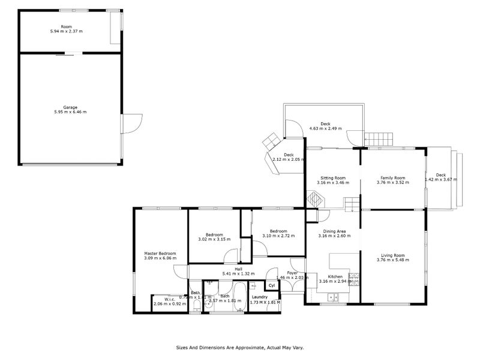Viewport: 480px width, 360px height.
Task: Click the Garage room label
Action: (71, 107)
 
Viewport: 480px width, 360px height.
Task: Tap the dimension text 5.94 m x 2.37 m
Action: (71, 31)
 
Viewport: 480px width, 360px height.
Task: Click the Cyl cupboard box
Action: (272, 286)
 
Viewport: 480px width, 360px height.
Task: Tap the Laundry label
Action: (259, 297)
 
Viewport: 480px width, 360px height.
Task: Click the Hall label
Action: (238, 269)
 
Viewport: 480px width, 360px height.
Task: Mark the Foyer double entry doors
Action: (292, 287)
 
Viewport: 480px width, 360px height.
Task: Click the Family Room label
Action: (393, 178)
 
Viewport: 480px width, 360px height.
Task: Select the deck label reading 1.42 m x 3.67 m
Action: (441, 179)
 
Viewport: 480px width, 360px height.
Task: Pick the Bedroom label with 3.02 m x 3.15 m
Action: (214, 235)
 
